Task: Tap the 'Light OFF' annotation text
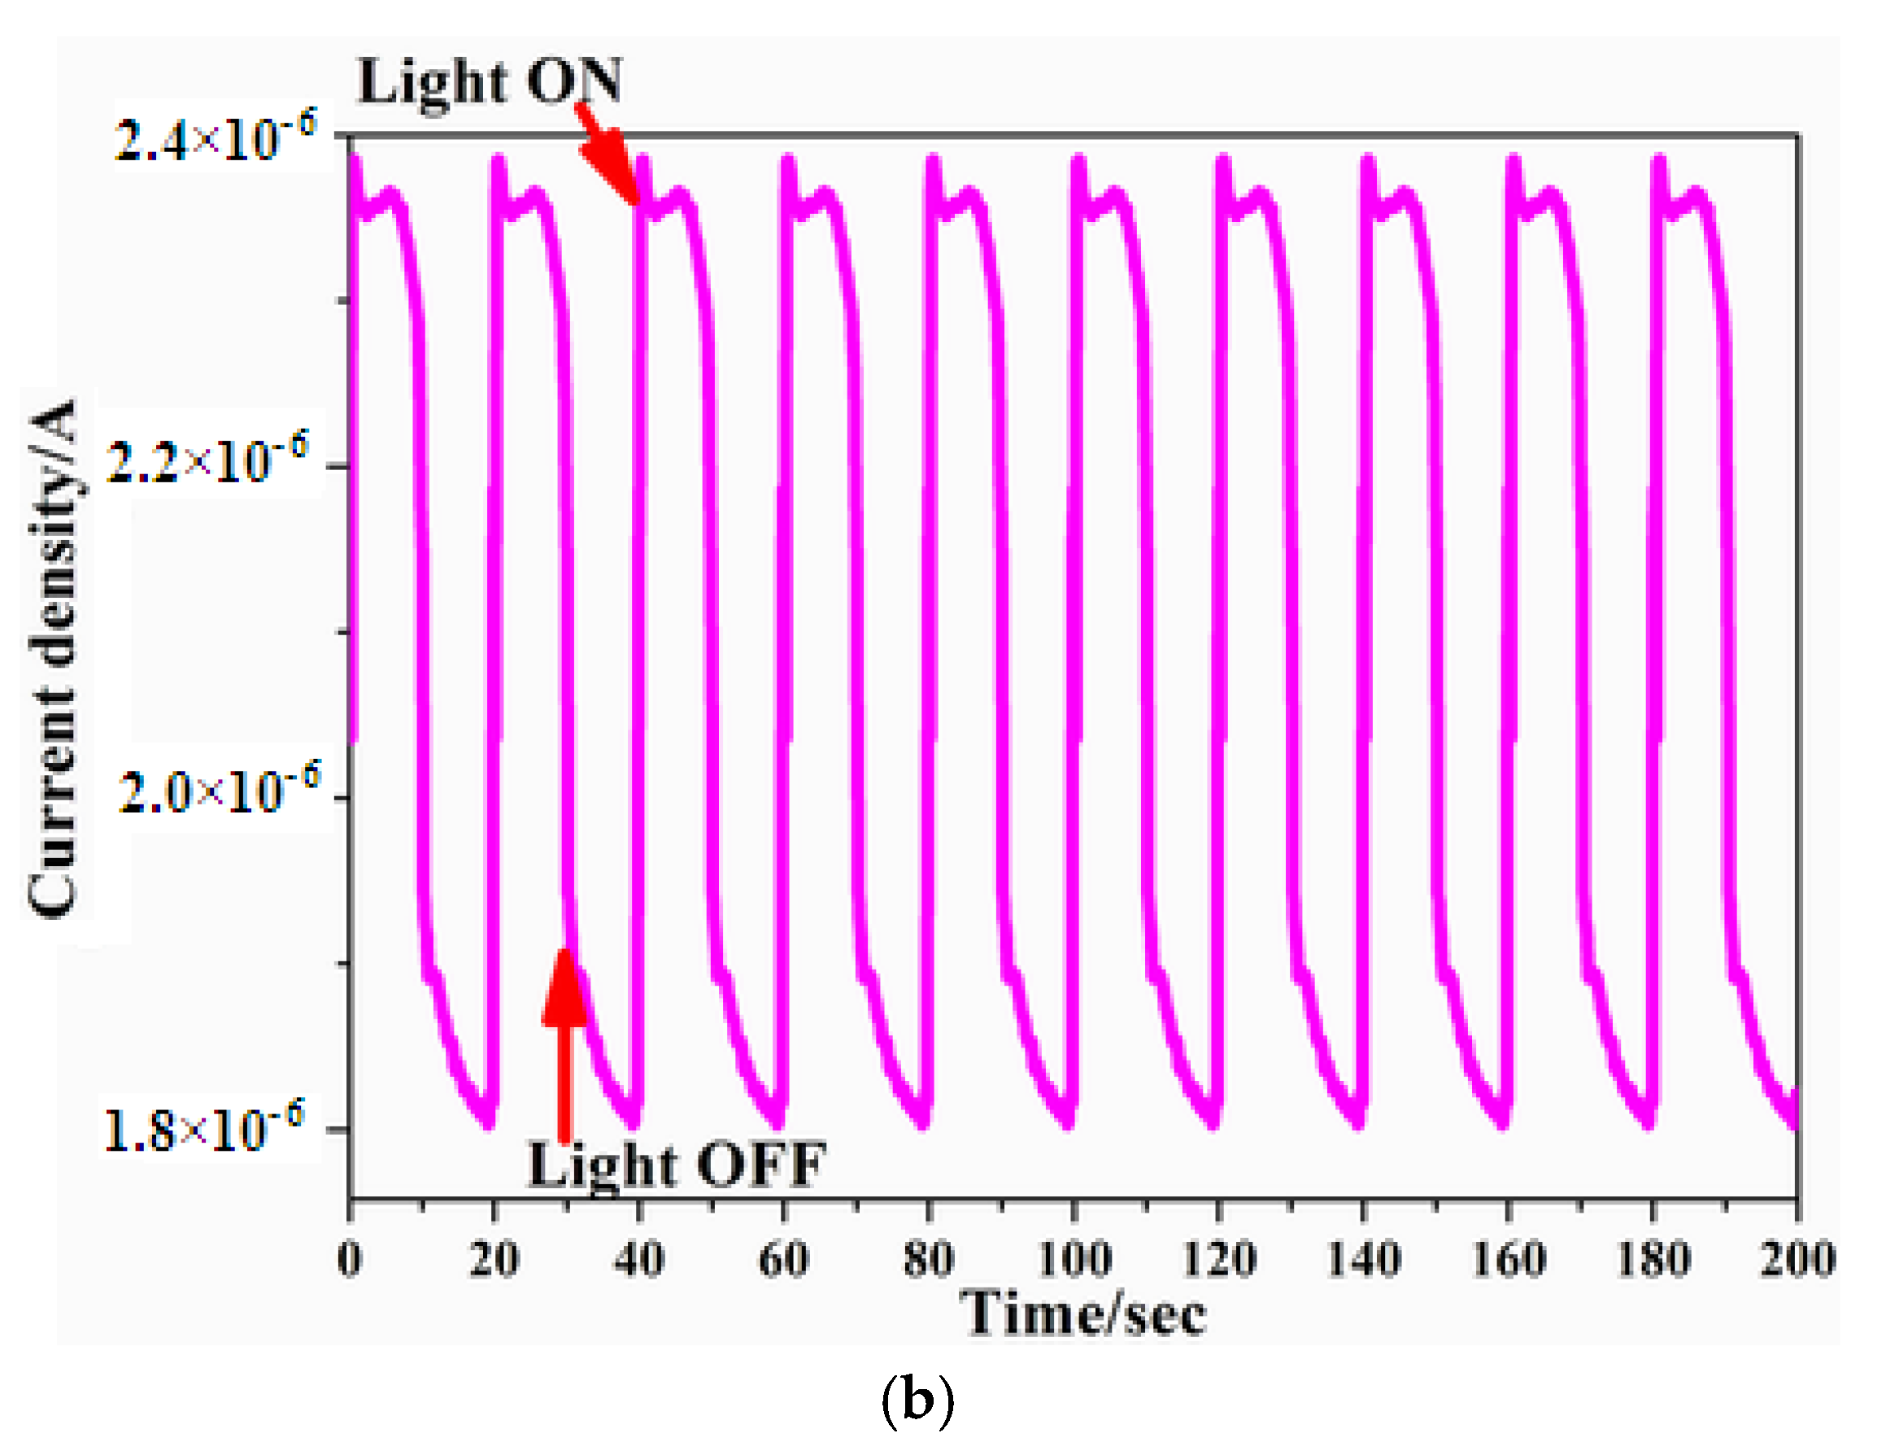(x=676, y=1165)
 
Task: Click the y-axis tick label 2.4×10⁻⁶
(x=215, y=138)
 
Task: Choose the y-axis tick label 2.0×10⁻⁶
(x=219, y=789)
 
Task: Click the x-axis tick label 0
(x=350, y=1259)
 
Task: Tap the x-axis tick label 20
(x=494, y=1259)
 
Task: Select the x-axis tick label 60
(x=783, y=1259)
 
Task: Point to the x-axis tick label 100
(x=1074, y=1259)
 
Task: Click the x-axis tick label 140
(x=1363, y=1259)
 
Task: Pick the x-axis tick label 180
(x=1652, y=1259)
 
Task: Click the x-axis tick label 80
(x=928, y=1259)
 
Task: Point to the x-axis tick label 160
(x=1508, y=1259)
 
